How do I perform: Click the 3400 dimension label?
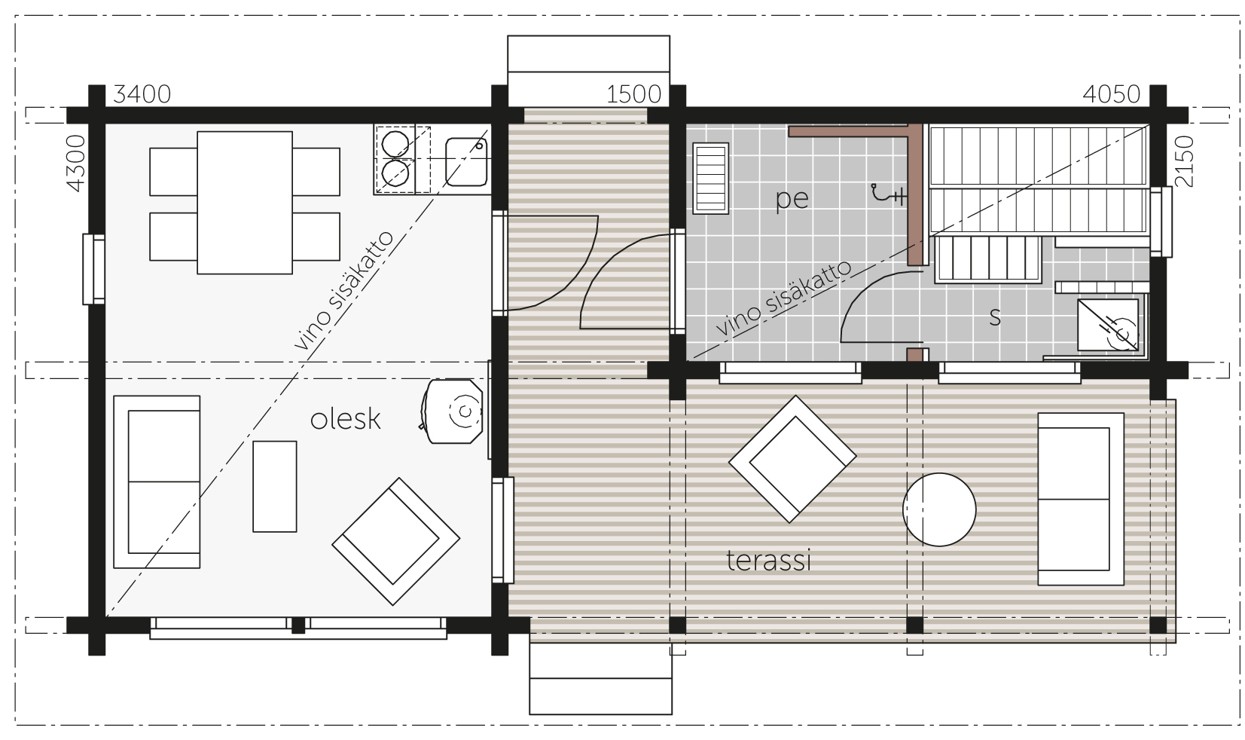[x=142, y=94]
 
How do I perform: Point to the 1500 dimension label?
[x=634, y=94]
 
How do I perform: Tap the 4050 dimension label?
[x=1112, y=94]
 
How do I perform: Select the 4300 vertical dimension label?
[x=76, y=164]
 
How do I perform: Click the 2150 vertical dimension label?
[x=1184, y=161]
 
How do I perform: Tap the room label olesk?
[x=345, y=419]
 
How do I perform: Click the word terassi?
[x=769, y=561]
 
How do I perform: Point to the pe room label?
[x=792, y=200]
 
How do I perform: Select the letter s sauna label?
[x=995, y=317]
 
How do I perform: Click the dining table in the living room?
[x=245, y=203]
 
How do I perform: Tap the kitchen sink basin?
[x=466, y=162]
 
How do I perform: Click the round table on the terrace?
[x=939, y=510]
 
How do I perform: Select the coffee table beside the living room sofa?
[x=275, y=487]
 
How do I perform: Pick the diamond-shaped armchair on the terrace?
[x=792, y=459]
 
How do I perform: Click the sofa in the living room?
[x=157, y=482]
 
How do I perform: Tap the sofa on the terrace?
[x=1081, y=499]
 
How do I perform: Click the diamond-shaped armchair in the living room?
[x=395, y=542]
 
